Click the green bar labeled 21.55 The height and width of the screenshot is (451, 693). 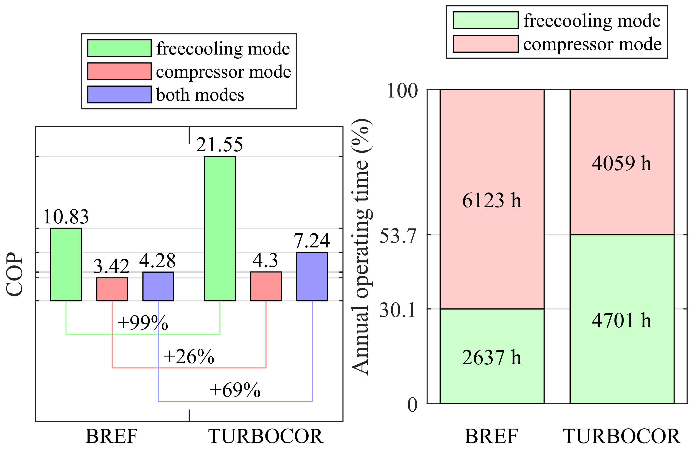coord(220,229)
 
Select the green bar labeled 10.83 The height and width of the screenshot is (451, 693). coord(66,264)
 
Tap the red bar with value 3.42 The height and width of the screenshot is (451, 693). coord(112,289)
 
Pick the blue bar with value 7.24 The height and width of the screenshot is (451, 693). coord(312,276)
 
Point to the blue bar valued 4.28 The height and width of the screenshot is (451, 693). coord(158,286)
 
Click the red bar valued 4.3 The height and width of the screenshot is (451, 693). coord(266,286)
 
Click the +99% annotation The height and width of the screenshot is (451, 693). coord(142,323)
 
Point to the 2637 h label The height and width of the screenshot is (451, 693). coord(491,357)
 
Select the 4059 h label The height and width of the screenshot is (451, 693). coord(621,163)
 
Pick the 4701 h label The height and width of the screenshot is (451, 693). coord(621,320)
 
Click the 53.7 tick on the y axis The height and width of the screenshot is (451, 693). coord(398,236)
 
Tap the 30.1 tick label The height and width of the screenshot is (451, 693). coord(398,310)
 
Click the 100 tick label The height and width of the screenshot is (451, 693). coord(402,91)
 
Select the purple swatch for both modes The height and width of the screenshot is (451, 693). coord(119,94)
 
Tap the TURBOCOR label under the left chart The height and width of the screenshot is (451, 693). coord(265,436)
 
